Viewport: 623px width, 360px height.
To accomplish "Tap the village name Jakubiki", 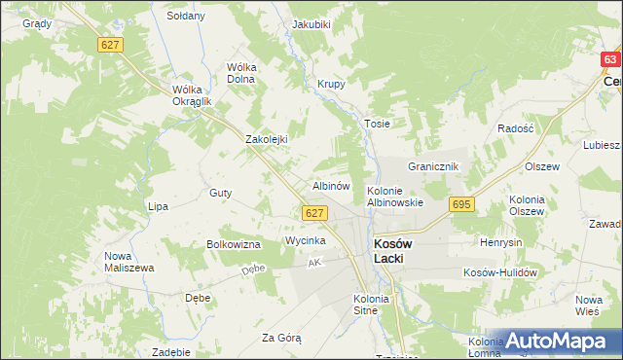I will [311, 23].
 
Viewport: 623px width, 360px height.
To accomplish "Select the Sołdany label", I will [186, 16].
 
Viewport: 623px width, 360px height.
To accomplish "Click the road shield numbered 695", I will [461, 204].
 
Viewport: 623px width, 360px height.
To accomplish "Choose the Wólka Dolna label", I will [240, 73].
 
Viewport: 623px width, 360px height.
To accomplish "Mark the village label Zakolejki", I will [267, 139].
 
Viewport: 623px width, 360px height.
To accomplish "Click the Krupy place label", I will [332, 85].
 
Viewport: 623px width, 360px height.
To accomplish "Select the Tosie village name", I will [377, 124].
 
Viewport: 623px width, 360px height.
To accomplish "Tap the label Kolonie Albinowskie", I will [394, 196].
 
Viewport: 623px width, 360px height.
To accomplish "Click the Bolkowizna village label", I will [233, 243].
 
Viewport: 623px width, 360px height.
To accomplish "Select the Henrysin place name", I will [502, 240].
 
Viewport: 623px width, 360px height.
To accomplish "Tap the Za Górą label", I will [281, 338].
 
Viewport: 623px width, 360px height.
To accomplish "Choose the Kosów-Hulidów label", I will [500, 273].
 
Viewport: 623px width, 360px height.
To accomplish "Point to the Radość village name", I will [515, 128].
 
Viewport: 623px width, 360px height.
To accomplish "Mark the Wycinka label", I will [305, 239].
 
